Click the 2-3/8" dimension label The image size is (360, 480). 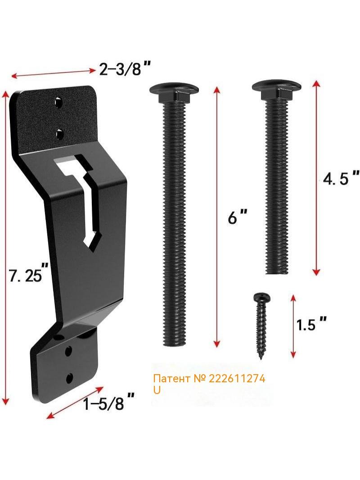coord(126,69)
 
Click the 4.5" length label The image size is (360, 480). coord(341,178)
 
